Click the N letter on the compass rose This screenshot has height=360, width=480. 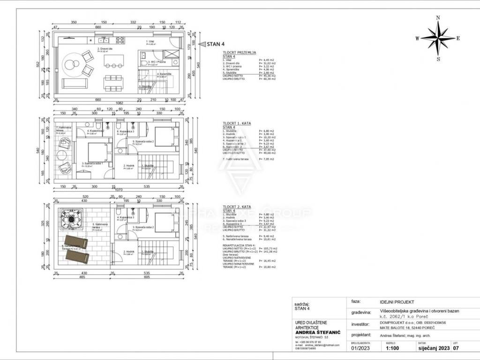click(438, 18)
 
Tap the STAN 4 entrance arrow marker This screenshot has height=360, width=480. click(202, 44)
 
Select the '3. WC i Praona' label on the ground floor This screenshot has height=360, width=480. click(157, 62)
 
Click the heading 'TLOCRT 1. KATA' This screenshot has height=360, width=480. click(237, 123)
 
